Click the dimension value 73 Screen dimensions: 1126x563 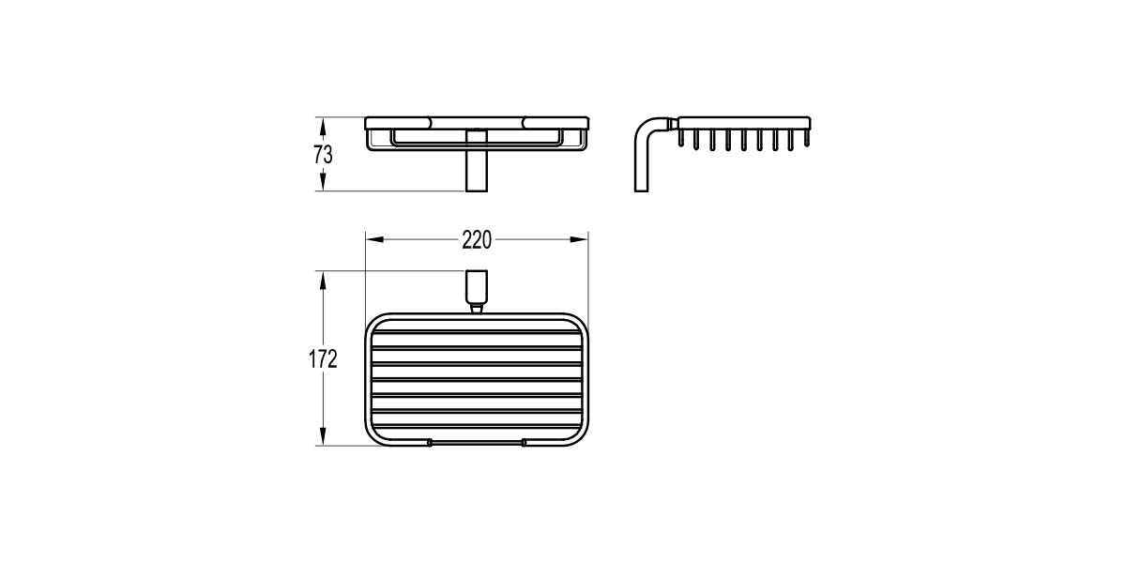click(x=323, y=155)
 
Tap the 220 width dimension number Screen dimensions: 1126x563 click(x=477, y=240)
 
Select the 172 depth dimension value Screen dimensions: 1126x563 click(x=323, y=358)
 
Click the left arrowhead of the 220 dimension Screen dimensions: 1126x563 click(x=374, y=239)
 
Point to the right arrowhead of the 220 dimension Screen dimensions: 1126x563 click(x=579, y=239)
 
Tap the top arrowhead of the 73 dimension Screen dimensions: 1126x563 click(x=323, y=126)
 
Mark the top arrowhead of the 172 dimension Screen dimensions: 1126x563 click(x=323, y=281)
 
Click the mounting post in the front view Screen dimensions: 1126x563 click(x=477, y=160)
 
